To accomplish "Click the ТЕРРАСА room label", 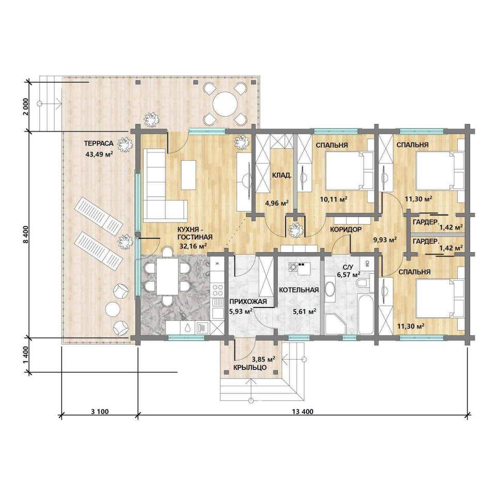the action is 98,144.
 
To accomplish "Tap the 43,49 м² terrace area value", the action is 99,154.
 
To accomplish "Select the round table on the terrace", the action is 225,104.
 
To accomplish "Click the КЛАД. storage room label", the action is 282,175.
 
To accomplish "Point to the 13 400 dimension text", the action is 303,412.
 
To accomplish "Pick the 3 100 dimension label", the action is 100,412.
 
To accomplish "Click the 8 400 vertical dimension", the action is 26,235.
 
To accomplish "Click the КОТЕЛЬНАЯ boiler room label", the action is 299,290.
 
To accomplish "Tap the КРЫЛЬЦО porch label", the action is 250,367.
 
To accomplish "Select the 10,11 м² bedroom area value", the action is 333,199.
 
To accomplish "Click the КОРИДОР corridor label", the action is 346,229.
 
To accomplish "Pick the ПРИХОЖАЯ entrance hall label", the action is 248,301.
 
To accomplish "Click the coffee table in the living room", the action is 189,175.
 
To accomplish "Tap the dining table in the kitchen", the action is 167,276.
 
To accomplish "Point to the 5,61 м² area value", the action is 304,312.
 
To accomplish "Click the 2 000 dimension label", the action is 26,106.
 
